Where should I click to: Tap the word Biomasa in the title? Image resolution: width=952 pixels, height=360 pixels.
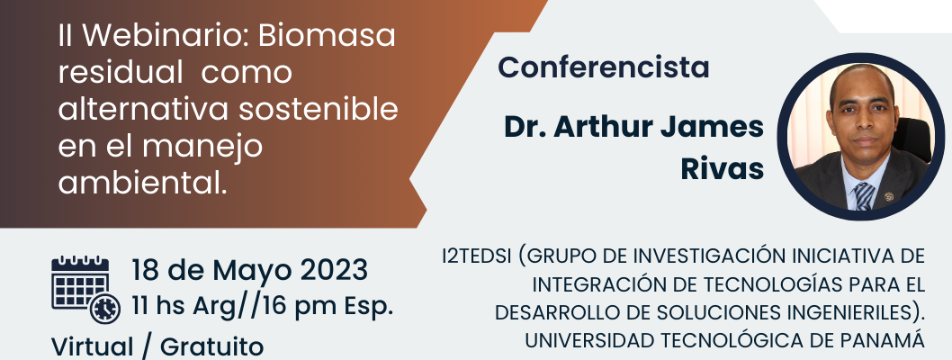(327, 36)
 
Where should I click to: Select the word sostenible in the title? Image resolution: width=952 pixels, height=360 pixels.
(319, 109)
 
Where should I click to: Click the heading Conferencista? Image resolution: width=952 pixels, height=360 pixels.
(604, 67)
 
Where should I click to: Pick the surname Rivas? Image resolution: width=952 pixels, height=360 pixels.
(722, 168)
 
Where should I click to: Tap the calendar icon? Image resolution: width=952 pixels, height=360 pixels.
(80, 283)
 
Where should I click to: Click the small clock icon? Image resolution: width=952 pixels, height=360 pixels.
(105, 309)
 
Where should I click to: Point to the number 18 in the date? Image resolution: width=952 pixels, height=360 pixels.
(145, 270)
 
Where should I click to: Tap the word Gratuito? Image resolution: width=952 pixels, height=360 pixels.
(211, 347)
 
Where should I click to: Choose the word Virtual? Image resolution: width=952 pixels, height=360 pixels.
(92, 347)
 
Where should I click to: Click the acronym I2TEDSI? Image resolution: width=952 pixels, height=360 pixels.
(479, 256)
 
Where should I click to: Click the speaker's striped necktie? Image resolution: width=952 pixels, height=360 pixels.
(864, 195)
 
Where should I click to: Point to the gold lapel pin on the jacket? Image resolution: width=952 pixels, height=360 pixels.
(889, 197)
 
